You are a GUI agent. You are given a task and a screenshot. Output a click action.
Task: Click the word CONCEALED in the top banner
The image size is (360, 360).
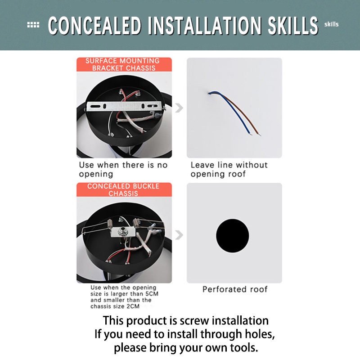[94, 26]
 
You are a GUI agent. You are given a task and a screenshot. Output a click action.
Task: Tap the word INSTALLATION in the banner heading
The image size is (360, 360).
[205, 26]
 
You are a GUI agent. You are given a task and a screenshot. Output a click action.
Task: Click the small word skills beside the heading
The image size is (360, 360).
[331, 24]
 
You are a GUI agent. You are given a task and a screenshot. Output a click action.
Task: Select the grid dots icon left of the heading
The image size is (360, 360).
[33, 25]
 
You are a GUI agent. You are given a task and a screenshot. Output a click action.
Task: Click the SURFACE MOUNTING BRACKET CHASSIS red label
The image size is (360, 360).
[124, 64]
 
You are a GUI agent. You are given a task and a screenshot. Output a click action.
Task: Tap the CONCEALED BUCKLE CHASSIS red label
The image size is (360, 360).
[124, 189]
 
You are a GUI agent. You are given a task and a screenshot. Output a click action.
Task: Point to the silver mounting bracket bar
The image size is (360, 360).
[126, 106]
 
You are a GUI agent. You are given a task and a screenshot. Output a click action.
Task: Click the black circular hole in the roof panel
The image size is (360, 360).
[232, 235]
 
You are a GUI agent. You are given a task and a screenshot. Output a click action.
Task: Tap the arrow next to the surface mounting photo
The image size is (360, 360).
[179, 108]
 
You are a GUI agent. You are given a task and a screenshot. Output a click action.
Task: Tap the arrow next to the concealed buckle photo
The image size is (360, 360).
[179, 235]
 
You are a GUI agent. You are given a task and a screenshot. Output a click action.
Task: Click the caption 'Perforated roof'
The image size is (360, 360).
[235, 289]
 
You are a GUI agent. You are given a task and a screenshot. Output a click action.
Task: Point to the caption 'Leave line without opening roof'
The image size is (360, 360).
[229, 170]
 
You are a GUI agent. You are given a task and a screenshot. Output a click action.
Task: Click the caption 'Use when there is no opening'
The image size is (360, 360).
[123, 170]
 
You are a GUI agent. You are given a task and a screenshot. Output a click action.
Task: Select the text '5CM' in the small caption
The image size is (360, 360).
[152, 294]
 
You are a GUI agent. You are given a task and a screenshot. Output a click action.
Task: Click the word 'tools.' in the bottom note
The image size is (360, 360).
[244, 347]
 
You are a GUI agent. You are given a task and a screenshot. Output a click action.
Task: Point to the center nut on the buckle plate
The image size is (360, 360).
[122, 231]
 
